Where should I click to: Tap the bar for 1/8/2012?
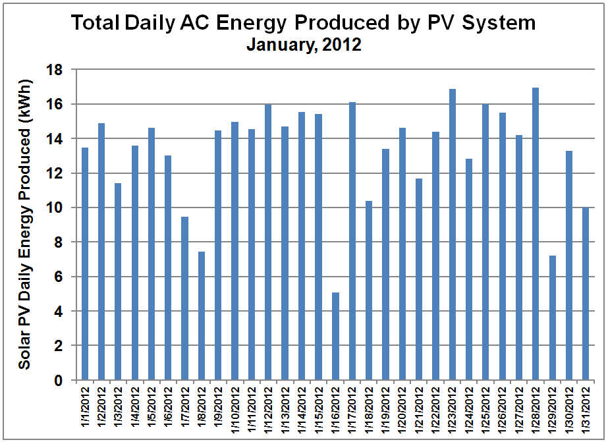(x=202, y=316)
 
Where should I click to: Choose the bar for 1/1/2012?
(x=85, y=263)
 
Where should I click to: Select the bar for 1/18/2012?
(x=369, y=290)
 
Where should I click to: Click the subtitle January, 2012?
(x=303, y=46)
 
